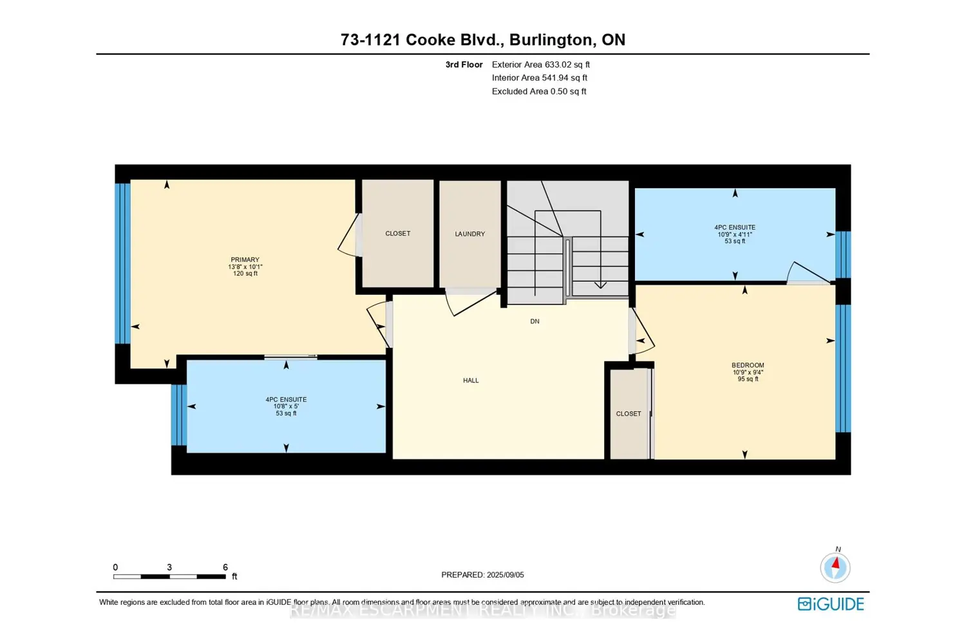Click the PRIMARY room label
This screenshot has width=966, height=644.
pos(245,260)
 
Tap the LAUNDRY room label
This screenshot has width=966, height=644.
pos(469,234)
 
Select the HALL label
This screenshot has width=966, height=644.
pos(471,381)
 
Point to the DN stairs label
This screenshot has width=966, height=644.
pos(535,321)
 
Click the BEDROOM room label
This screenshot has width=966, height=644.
pos(748,365)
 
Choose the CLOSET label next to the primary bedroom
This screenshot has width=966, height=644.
pos(397,233)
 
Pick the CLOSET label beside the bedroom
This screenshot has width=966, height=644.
pos(628,413)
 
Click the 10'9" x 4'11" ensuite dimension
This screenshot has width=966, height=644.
pos(735,234)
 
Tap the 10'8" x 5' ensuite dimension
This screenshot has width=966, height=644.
pos(286,406)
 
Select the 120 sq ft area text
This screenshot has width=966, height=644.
pos(245,274)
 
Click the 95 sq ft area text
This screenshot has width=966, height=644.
pos(748,379)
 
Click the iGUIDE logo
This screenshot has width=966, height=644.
pos(831,604)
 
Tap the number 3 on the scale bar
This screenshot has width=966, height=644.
pos(169,567)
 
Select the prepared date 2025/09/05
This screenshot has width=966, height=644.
pos(506,575)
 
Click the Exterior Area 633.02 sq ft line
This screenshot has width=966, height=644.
pos(540,64)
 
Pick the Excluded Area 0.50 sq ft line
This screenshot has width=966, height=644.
pos(538,91)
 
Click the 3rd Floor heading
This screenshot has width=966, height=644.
pos(464,64)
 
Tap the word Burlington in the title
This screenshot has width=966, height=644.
pos(550,40)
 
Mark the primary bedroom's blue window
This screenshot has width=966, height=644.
pos(122,263)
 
